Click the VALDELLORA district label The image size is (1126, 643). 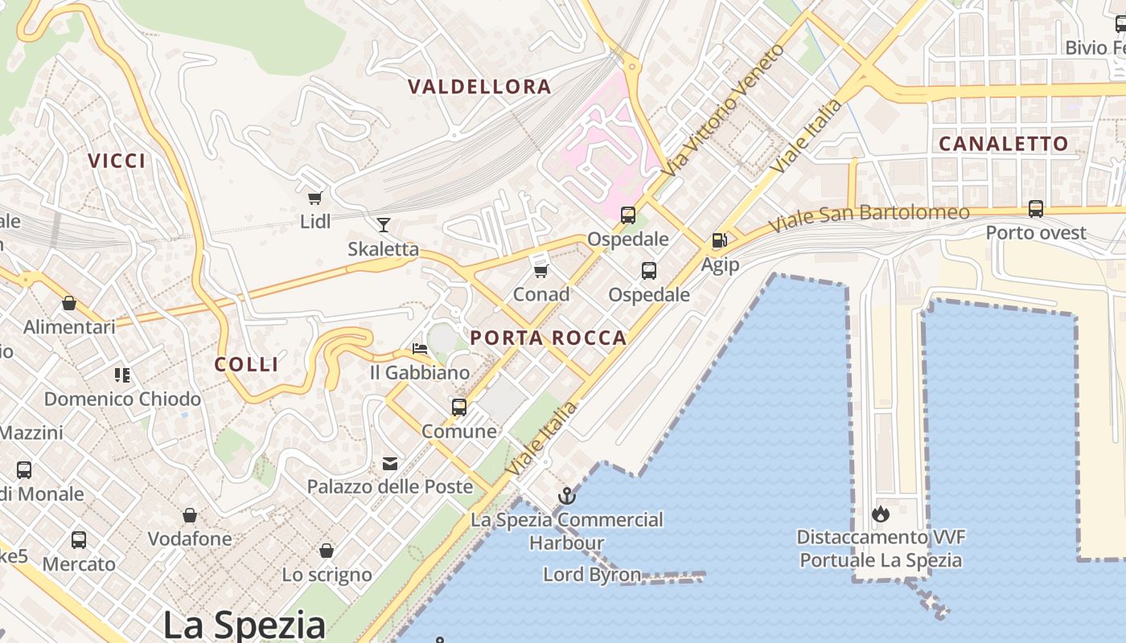(479, 87)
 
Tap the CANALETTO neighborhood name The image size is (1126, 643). (1004, 144)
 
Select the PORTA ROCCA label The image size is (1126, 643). (548, 338)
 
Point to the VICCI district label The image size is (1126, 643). (117, 161)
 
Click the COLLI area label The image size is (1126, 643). (246, 364)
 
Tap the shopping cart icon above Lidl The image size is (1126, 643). (314, 198)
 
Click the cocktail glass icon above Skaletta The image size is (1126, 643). (384, 225)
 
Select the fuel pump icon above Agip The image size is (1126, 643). (719, 240)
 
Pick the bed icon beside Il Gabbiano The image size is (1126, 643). (420, 349)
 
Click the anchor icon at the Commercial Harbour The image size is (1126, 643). (567, 495)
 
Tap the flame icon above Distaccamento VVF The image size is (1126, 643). (881, 513)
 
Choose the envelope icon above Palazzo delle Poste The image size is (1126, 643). (390, 463)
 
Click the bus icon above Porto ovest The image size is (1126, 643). (1036, 209)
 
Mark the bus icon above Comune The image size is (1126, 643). (459, 408)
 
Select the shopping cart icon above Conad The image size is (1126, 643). (541, 271)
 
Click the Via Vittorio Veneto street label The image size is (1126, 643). (722, 111)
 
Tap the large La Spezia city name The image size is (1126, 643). (245, 625)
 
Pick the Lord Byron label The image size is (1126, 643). (592, 575)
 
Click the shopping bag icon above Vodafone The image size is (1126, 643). (190, 515)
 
